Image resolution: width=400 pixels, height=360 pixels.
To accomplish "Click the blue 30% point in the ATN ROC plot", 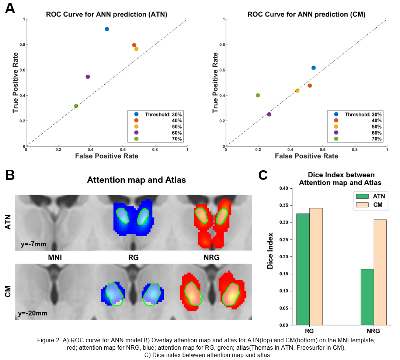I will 107,29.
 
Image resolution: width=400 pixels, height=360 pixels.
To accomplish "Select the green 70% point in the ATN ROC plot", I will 76,106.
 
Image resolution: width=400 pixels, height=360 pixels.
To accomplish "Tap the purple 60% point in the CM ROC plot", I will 269,114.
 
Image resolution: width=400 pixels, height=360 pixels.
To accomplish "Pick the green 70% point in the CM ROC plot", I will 258,95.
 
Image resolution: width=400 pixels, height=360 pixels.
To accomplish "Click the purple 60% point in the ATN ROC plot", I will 88,77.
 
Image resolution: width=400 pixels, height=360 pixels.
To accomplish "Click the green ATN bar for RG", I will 303,269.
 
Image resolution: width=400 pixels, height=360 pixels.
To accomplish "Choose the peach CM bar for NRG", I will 380,272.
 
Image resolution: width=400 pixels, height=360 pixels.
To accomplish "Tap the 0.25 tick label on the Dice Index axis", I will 283,240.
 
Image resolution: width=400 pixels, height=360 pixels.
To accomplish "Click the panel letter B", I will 10,175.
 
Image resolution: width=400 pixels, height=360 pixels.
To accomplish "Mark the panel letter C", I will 263,175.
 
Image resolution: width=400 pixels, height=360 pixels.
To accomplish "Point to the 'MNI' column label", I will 54,258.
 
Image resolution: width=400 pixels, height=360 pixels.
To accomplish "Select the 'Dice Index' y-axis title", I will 270,251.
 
